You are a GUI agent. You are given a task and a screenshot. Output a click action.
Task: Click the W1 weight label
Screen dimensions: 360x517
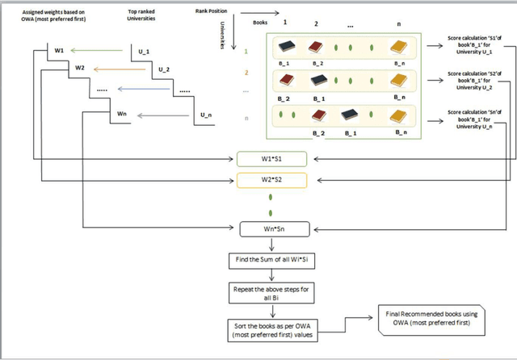58,50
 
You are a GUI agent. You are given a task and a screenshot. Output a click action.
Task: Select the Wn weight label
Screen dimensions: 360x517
121,114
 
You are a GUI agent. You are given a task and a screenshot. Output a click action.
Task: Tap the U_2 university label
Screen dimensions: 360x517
164,69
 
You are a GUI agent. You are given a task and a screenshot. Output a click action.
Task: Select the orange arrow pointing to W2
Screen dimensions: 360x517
121,69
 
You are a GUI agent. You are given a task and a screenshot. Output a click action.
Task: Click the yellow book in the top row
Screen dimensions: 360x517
397,47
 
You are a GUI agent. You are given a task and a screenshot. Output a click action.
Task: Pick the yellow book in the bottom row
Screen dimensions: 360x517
397,116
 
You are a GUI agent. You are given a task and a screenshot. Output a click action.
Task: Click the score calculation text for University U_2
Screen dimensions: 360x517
477,81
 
